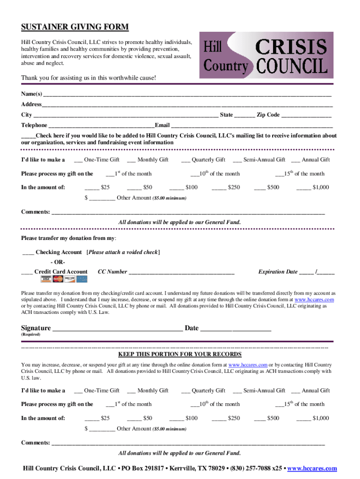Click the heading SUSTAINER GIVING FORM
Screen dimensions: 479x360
pos(74,27)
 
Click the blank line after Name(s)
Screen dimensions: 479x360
pos(187,94)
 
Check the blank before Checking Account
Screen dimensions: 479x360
pos(28,253)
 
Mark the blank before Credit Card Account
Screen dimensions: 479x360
pos(27,272)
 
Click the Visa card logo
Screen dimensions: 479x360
pos(46,279)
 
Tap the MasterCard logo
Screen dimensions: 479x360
pos(58,279)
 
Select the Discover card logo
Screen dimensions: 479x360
pos(70,279)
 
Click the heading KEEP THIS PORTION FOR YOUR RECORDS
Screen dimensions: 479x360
pos(180,355)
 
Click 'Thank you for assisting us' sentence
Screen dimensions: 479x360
pos(88,78)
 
